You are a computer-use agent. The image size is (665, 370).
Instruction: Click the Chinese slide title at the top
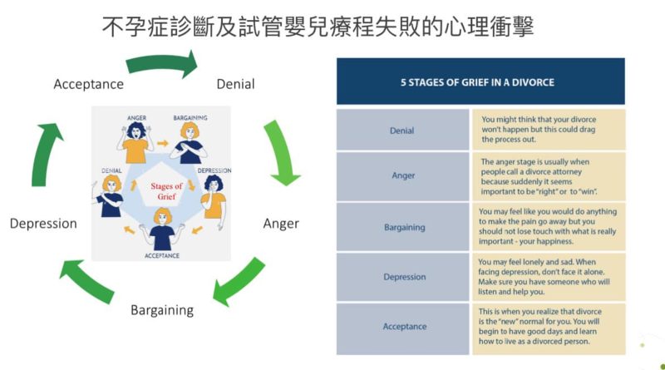point(318,27)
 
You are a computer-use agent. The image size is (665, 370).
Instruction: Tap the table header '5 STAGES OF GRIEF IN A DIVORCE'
point(477,82)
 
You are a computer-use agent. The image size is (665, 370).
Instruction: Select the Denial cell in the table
point(402,130)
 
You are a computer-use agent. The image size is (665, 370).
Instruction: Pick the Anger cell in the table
point(402,176)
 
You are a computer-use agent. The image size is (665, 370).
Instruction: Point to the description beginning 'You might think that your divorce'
point(539,130)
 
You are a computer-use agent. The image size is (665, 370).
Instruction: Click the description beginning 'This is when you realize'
point(539,326)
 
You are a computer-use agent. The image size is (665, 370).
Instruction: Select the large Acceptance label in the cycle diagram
point(89,84)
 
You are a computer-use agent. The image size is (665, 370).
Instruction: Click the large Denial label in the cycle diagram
point(235,84)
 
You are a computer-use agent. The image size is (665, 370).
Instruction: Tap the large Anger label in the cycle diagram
point(281,224)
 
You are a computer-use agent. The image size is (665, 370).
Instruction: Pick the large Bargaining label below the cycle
point(162,310)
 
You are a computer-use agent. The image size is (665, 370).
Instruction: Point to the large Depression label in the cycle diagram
point(43,224)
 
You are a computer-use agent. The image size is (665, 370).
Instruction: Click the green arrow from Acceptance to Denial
point(163,63)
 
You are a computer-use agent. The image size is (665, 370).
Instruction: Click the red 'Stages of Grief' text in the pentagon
point(166,191)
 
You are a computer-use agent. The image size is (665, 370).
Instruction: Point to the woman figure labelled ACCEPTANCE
point(162,229)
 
